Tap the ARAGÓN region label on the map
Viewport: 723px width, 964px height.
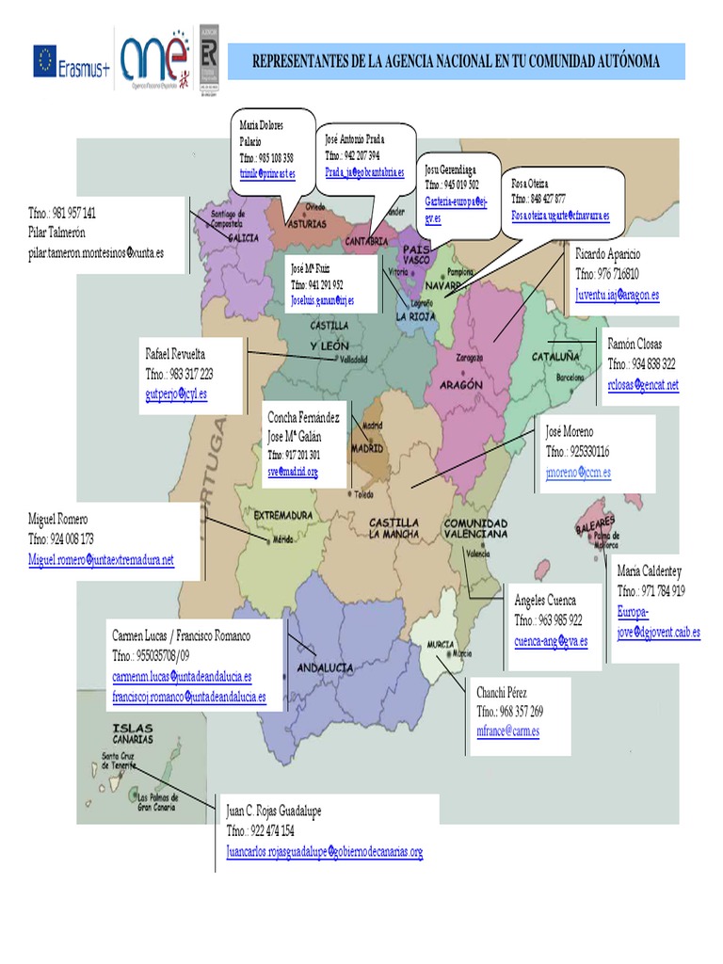point(460,384)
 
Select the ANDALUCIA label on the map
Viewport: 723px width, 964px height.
point(325,667)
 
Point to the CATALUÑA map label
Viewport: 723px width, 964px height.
point(555,358)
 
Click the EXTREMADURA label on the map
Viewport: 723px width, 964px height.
point(282,516)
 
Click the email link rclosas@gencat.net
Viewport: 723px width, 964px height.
point(643,384)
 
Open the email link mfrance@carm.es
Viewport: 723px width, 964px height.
point(507,731)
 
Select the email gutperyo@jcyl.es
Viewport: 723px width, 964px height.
point(176,394)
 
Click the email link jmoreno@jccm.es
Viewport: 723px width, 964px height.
point(578,473)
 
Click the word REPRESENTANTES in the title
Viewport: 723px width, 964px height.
point(308,62)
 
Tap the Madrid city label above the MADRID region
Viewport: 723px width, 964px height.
point(370,424)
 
